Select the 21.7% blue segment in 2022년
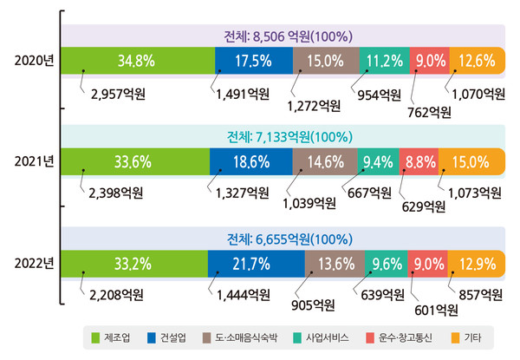(256, 262)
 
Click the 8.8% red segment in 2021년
(419, 160)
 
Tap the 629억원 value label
(423, 206)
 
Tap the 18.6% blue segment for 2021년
(251, 160)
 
